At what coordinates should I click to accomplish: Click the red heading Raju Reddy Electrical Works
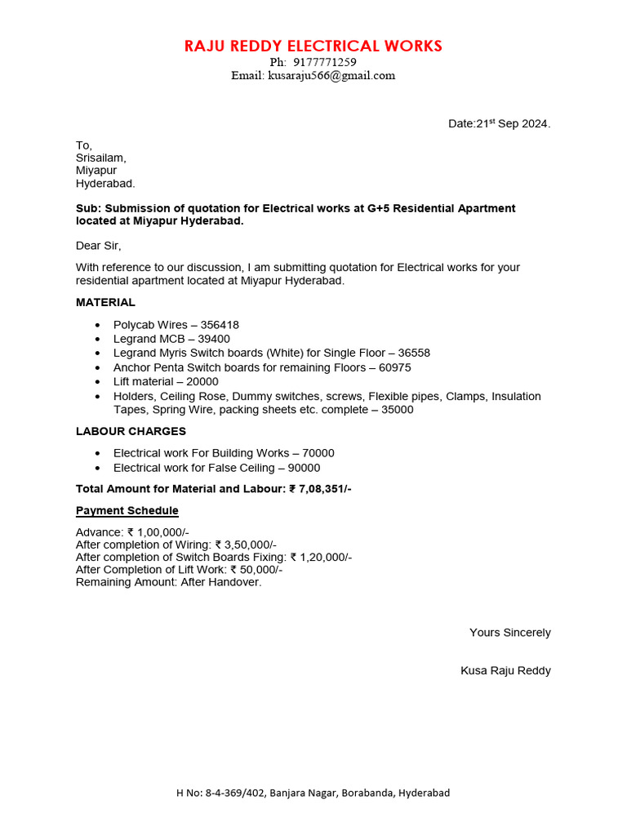313,46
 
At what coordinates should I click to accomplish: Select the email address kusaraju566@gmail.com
331,75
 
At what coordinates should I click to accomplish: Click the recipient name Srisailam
100,158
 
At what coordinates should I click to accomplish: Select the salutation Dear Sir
98,246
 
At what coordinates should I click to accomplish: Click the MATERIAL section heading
105,302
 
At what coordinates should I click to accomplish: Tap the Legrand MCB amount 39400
214,339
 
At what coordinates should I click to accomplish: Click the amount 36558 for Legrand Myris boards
414,354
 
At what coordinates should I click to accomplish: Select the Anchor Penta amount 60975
395,368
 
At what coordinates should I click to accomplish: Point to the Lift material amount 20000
202,382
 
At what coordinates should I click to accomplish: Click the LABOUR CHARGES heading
131,431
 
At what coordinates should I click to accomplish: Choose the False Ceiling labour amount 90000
304,468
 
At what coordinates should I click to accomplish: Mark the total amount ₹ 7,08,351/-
320,489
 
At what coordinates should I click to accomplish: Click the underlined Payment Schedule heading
127,511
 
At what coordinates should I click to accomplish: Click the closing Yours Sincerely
509,633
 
